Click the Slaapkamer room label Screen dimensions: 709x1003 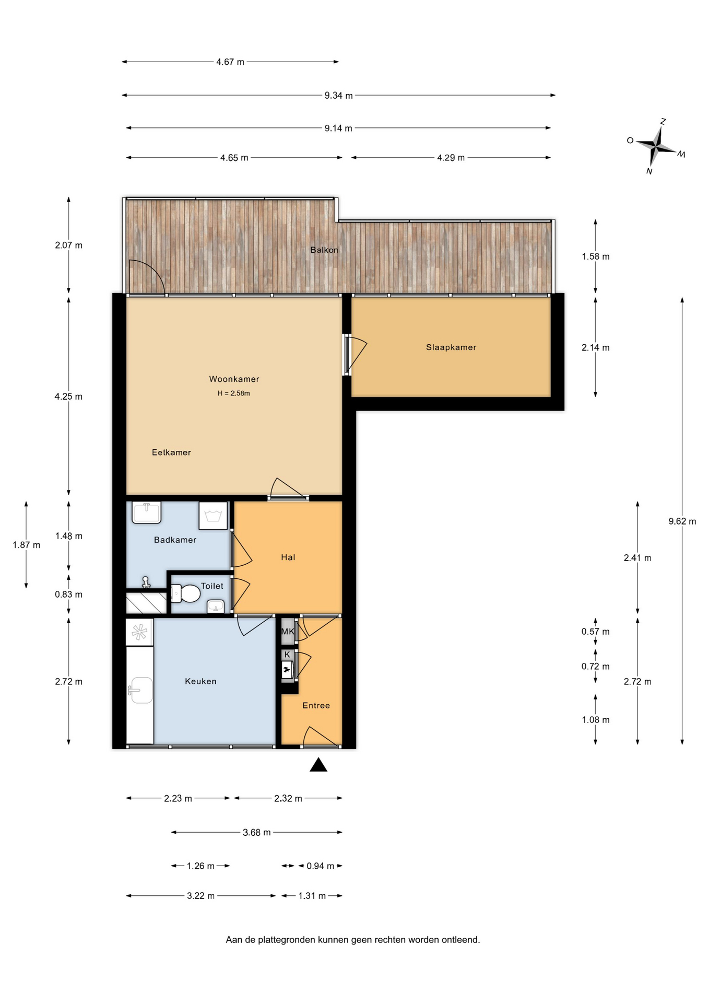tap(451, 347)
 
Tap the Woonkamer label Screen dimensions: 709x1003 tap(234, 379)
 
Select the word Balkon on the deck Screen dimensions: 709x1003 tap(324, 250)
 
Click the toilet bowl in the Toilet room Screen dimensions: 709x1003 tap(186, 593)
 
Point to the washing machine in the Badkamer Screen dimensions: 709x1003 tap(213, 516)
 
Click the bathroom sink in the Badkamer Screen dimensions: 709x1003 tap(146, 512)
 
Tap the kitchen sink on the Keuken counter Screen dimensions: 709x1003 tap(140, 691)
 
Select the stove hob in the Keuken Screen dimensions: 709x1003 tap(139, 632)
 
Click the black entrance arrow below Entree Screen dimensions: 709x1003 tap(318, 765)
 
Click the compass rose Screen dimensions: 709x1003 tap(656, 146)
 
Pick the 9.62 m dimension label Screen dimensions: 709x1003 tap(682, 521)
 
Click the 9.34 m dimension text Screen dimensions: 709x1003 tap(338, 96)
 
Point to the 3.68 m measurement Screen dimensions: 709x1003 tap(256, 833)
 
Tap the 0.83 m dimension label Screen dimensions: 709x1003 tap(68, 594)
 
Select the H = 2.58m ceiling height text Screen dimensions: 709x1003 tap(234, 393)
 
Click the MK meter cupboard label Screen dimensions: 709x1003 tap(288, 632)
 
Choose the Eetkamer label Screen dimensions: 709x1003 tap(171, 452)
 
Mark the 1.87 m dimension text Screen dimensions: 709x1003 tap(26, 545)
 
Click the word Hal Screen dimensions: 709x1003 tap(288, 557)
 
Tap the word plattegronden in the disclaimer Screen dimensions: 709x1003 tap(288, 940)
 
